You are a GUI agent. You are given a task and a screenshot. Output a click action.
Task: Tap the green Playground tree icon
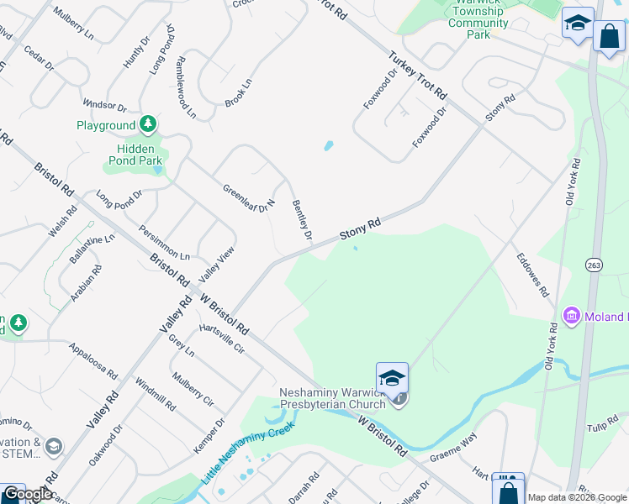[149, 125]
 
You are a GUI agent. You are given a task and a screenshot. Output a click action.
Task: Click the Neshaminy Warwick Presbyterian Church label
[332, 397]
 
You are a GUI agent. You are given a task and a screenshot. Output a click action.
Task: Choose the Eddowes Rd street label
[532, 275]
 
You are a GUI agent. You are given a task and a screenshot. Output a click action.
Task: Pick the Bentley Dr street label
[302, 219]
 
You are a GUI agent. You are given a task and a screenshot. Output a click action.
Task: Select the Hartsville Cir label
[221, 338]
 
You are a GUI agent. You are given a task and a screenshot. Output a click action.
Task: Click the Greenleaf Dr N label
[249, 198]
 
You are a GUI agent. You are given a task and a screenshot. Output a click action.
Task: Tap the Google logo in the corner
[27, 495]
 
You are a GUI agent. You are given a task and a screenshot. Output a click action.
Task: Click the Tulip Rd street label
[602, 424]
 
